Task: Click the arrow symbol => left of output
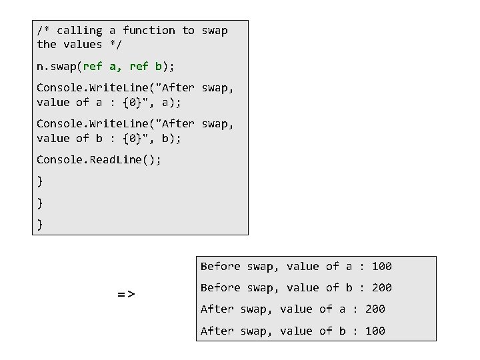(x=126, y=293)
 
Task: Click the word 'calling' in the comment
(x=79, y=31)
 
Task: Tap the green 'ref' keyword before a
(x=93, y=67)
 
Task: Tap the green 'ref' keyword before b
(x=139, y=67)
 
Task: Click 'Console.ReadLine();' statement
(x=99, y=159)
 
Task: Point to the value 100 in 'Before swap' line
(x=381, y=267)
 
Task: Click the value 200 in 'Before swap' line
(x=381, y=288)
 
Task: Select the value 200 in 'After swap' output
(x=375, y=309)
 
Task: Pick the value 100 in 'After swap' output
(x=375, y=331)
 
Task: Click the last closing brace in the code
(x=40, y=225)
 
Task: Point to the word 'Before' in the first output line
(x=220, y=267)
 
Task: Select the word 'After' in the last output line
(x=217, y=331)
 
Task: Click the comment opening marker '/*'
(x=43, y=31)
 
